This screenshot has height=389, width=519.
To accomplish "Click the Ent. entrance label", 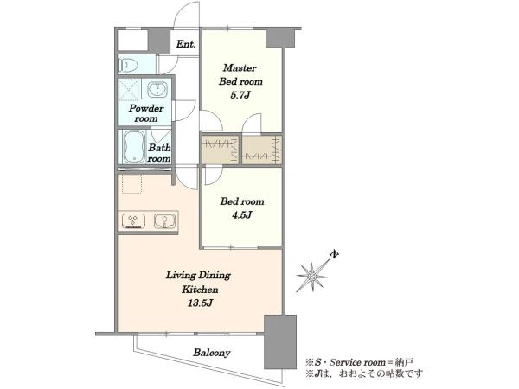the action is (185, 44).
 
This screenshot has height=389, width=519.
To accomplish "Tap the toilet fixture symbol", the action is (128, 65).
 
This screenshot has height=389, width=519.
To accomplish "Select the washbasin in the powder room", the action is (157, 89).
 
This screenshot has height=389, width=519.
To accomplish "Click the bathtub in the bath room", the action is (134, 147).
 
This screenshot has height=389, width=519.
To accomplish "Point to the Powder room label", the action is (146, 113).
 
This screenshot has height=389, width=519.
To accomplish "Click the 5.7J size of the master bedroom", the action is (240, 95).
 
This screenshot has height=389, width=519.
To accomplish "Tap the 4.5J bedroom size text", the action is (241, 215).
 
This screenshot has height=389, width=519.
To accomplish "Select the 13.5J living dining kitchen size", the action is (200, 303).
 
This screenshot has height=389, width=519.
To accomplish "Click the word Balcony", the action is (212, 353).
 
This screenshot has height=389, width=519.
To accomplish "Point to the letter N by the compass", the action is (335, 254).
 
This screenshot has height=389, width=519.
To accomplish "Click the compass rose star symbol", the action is (311, 276).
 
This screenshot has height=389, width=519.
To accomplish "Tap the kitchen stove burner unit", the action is (133, 221).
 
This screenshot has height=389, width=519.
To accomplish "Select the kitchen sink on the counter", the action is (164, 221).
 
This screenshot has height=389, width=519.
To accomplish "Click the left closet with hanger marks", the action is (220, 149).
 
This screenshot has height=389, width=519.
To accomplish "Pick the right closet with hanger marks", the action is (262, 149).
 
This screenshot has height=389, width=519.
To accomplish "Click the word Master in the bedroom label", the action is (240, 68).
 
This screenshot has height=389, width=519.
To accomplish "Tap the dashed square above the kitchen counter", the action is (131, 183).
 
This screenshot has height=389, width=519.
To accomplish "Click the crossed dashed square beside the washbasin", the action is (128, 89).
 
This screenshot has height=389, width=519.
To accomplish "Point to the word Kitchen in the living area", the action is (200, 290).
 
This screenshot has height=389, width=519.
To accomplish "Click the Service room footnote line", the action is (360, 362).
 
